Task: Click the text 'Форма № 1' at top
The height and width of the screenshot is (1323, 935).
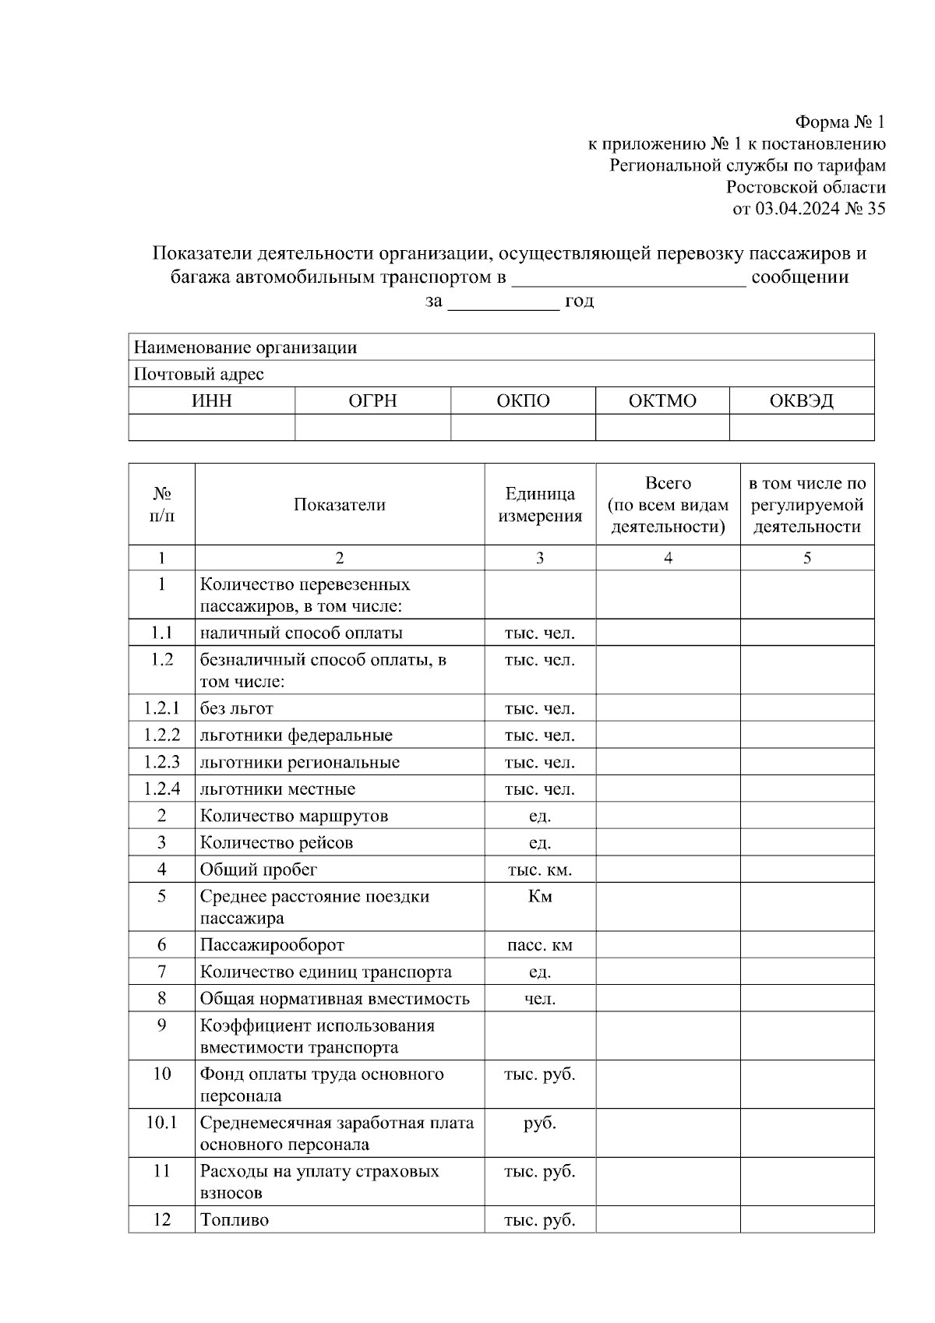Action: click(839, 122)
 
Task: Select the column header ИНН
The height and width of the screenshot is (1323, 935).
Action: click(211, 400)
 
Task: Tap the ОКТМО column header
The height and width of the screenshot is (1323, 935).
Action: click(662, 400)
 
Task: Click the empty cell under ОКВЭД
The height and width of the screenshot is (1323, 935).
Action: click(801, 427)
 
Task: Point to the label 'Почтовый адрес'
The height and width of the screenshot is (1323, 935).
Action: click(199, 374)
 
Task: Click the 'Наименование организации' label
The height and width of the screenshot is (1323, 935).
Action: click(245, 348)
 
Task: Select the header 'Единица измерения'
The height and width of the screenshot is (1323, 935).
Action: click(540, 504)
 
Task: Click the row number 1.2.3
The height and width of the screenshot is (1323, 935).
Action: click(161, 762)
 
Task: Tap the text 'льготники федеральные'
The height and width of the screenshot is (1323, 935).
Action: click(296, 736)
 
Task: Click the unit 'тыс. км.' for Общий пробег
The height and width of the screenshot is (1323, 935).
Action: click(540, 870)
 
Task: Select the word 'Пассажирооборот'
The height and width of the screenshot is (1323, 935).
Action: click(272, 945)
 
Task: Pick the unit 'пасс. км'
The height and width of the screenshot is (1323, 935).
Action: click(540, 945)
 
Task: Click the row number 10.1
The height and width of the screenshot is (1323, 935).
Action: click(161, 1123)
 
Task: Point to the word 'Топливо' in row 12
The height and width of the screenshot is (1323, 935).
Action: click(234, 1220)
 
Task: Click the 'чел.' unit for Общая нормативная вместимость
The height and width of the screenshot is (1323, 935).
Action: click(540, 999)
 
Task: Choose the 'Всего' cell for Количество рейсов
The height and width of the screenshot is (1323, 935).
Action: click(668, 843)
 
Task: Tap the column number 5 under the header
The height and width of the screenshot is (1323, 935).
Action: click(807, 558)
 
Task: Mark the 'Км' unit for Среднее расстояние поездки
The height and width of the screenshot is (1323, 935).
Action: click(540, 897)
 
